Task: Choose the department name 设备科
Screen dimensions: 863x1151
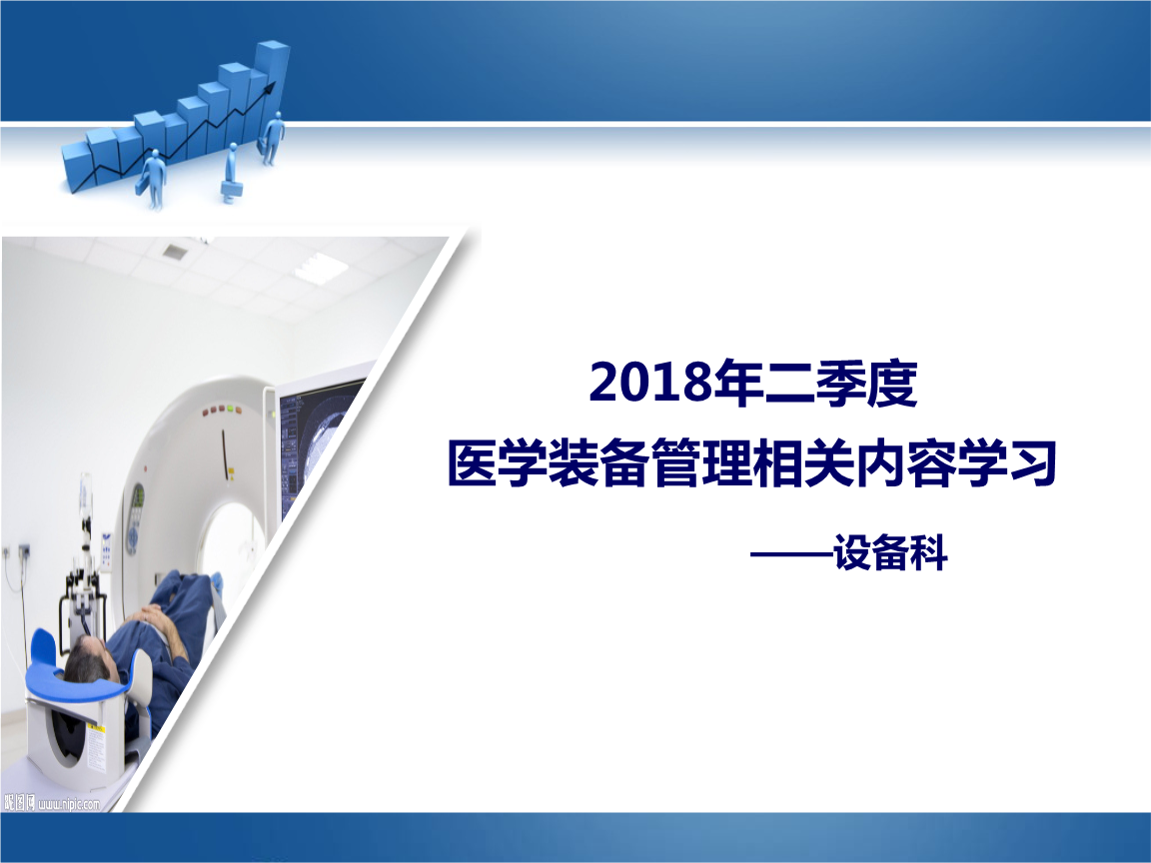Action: (890, 552)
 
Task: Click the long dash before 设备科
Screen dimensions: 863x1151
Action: (791, 553)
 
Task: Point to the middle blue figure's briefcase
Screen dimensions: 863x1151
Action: (229, 187)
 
